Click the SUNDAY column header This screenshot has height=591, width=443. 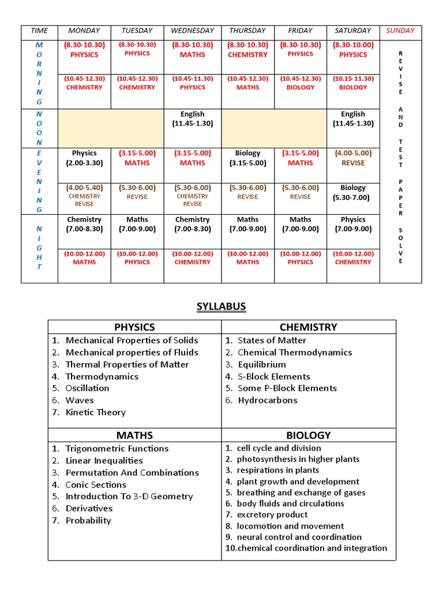(x=400, y=31)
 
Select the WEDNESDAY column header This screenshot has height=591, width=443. (x=192, y=31)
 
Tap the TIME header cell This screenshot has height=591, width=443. (x=39, y=31)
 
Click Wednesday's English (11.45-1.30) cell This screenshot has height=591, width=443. (x=192, y=119)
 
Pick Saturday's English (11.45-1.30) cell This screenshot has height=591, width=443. (x=353, y=119)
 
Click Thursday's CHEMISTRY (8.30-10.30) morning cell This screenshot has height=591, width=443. (x=247, y=50)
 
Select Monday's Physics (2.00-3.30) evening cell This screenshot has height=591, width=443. (x=84, y=158)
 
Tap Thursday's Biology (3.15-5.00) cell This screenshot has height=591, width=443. (x=247, y=158)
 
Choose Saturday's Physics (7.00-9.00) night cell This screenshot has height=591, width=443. (x=353, y=224)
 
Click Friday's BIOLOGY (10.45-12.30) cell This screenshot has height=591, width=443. (x=300, y=83)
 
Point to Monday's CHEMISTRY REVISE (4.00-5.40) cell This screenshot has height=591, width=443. (x=84, y=196)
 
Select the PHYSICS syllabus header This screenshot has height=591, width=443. (x=134, y=327)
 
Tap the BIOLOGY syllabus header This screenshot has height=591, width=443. (x=309, y=435)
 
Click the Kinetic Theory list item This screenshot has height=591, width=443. (x=95, y=412)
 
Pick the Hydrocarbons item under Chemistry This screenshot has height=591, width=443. (x=267, y=400)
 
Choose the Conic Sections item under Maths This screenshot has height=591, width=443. (x=96, y=485)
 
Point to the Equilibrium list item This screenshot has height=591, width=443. (x=261, y=364)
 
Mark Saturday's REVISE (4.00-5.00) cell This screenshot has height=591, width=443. (x=353, y=158)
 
